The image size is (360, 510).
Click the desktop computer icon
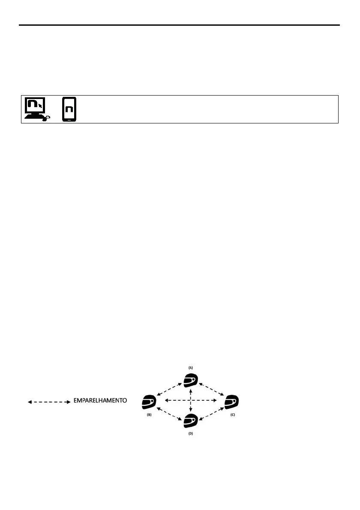[x=35, y=109]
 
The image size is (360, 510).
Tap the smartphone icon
[x=69, y=109]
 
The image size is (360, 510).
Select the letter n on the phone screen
[x=69, y=109]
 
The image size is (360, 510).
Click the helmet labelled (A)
[x=191, y=380]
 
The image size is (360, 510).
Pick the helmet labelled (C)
[x=231, y=401]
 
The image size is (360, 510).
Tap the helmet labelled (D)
[x=191, y=421]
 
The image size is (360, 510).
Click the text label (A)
[x=191, y=368]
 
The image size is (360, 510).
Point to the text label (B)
[x=149, y=414]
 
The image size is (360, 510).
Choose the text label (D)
[x=191, y=434]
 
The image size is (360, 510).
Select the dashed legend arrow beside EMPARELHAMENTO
[x=48, y=402]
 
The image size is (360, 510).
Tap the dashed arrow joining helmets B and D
[x=170, y=412]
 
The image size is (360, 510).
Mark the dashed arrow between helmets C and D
[x=211, y=412]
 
